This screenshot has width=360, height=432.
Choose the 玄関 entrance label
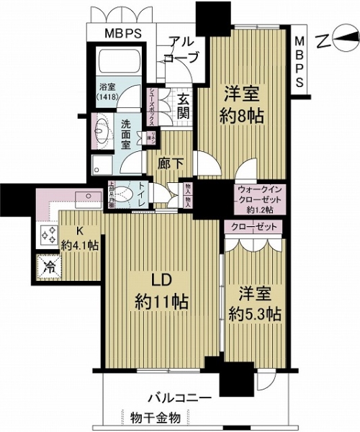pos(183,105)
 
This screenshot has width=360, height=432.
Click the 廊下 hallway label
pos(171,163)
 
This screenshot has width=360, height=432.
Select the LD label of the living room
pos(161,279)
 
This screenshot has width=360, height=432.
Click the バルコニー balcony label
pos(179,397)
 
